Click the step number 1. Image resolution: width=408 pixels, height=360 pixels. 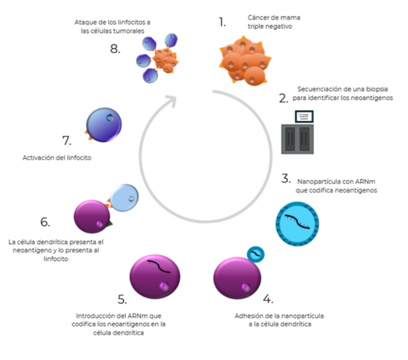(222, 22)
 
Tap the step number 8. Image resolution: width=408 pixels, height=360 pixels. (115, 49)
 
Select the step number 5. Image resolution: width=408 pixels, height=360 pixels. (122, 300)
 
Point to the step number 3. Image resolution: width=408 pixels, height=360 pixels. (286, 179)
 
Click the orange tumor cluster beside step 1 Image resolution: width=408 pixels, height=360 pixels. (245, 60)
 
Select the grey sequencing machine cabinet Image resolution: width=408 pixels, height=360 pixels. (297, 139)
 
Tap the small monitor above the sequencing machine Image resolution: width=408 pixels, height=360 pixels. (305, 117)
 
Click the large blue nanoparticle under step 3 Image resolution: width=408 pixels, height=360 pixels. (297, 224)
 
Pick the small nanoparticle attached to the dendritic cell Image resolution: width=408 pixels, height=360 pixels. (256, 254)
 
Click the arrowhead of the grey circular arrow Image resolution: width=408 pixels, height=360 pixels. (172, 101)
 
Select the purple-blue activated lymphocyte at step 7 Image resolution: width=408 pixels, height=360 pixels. (104, 125)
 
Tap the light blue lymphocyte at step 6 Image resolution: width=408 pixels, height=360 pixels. (125, 197)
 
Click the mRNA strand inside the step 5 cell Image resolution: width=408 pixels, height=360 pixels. (159, 267)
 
